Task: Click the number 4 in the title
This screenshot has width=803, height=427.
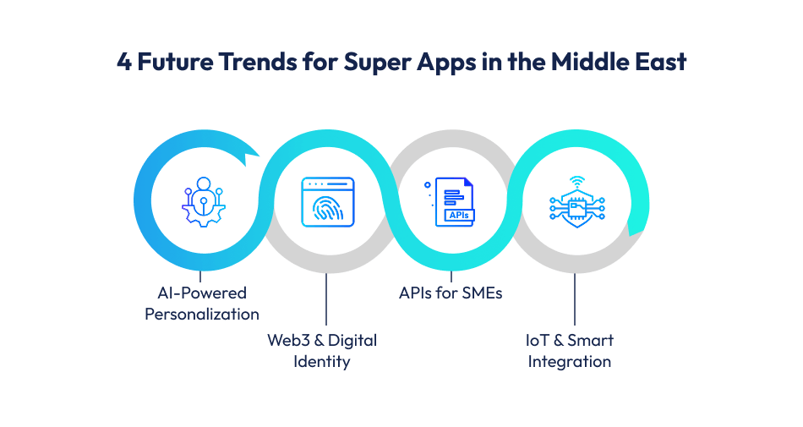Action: tap(124, 63)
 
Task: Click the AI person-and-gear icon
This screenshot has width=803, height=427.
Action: tap(201, 201)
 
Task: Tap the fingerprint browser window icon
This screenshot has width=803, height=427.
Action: tap(327, 202)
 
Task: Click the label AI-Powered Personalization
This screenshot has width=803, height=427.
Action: tap(201, 304)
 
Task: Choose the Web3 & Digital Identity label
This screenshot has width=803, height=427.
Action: tap(322, 351)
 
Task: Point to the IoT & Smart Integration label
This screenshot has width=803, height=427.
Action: tap(570, 351)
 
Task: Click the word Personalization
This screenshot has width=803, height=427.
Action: tap(201, 315)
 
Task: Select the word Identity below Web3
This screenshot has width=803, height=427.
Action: tap(322, 362)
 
